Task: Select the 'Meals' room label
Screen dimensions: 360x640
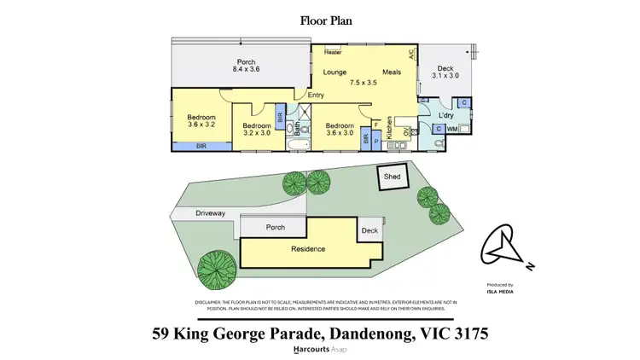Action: point(392,72)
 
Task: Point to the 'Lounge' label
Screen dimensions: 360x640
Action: point(335,72)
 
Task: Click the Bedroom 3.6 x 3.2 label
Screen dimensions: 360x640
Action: point(201,122)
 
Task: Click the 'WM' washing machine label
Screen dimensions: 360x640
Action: point(451,129)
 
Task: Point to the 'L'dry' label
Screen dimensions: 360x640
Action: point(445,114)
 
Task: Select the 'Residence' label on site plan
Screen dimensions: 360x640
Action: point(308,249)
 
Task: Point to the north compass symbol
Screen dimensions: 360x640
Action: point(503,250)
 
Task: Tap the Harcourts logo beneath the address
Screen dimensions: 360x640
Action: point(320,350)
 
